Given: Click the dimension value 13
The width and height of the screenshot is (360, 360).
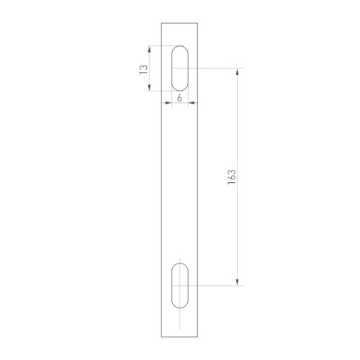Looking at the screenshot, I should point(143,69).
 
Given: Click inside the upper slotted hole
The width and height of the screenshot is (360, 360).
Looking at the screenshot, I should point(180,69).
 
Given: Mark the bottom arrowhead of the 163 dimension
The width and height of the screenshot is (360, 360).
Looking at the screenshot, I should point(237,283).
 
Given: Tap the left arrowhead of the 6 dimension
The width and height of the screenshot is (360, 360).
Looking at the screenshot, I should point(167,104).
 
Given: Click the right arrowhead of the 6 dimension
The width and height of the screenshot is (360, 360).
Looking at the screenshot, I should point(193,104).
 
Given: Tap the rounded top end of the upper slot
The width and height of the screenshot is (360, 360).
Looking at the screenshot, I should point(180,48).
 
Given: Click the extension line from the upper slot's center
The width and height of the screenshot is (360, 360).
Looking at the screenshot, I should point(216,69).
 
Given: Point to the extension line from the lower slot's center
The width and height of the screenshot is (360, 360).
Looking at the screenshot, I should point(216,286).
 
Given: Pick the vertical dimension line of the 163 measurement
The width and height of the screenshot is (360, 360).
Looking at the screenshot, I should point(237,130).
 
